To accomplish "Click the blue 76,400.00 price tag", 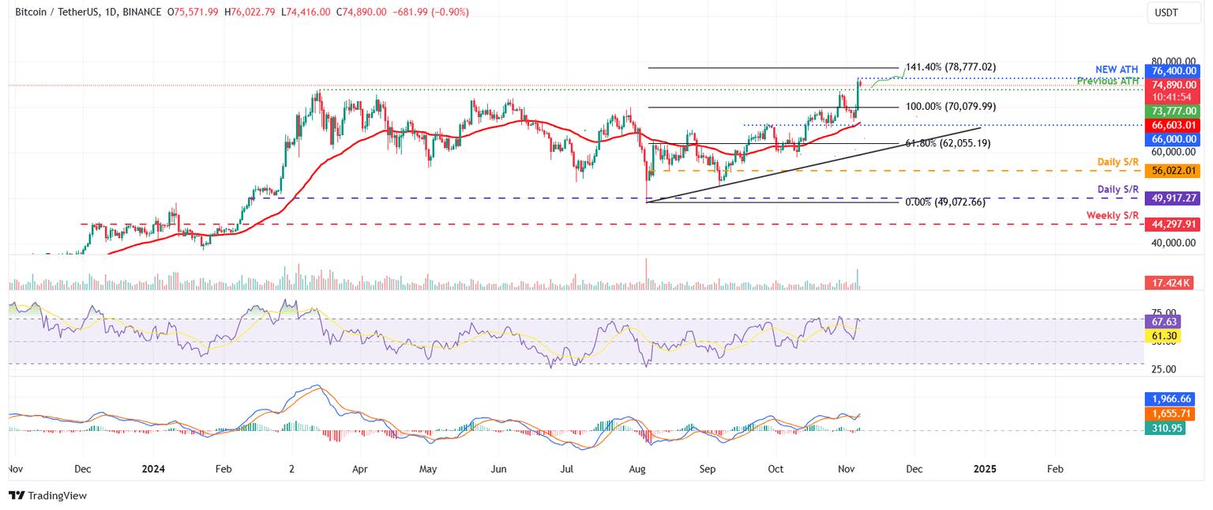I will coord(1174,70).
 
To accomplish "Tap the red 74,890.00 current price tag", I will coord(1174,85).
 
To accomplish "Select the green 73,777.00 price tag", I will coord(1174,111).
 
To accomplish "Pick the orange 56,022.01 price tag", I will coord(1174,170).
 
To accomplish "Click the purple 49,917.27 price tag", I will coord(1174,198).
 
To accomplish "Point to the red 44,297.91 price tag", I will coord(1174,225).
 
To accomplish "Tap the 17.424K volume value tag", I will coord(1171,282).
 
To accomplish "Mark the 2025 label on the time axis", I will coord(984,469).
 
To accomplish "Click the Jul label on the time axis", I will coord(567,469).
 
